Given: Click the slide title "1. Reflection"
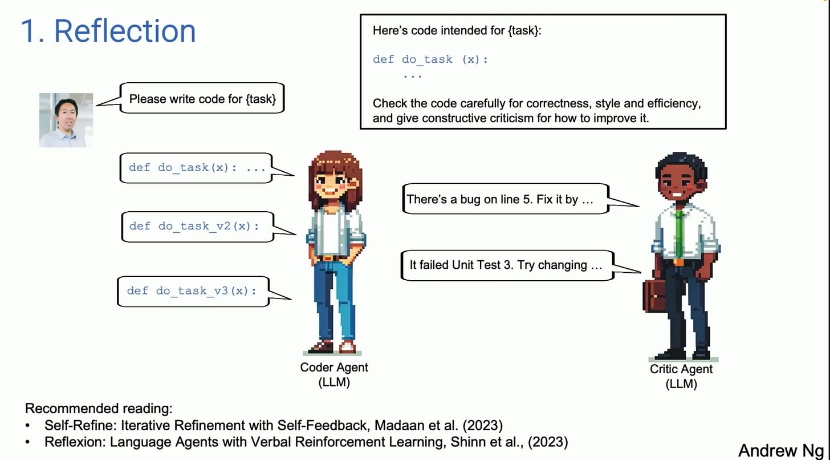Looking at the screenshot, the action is coord(108,31).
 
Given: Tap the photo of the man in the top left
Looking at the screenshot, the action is coord(66,120).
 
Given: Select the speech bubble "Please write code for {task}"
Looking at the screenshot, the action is coord(202,99).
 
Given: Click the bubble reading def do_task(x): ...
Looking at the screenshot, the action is coord(197,168).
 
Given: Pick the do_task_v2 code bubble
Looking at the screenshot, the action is coord(197,226).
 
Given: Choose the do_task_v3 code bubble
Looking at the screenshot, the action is coord(193,291).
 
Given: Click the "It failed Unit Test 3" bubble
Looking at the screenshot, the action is coord(506,265).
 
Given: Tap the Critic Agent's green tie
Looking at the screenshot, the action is coord(678,234).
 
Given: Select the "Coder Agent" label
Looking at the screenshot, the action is coord(334,368).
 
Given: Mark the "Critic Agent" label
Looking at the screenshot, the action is coord(681,369).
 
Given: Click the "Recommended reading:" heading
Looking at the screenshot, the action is coord(99,409).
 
